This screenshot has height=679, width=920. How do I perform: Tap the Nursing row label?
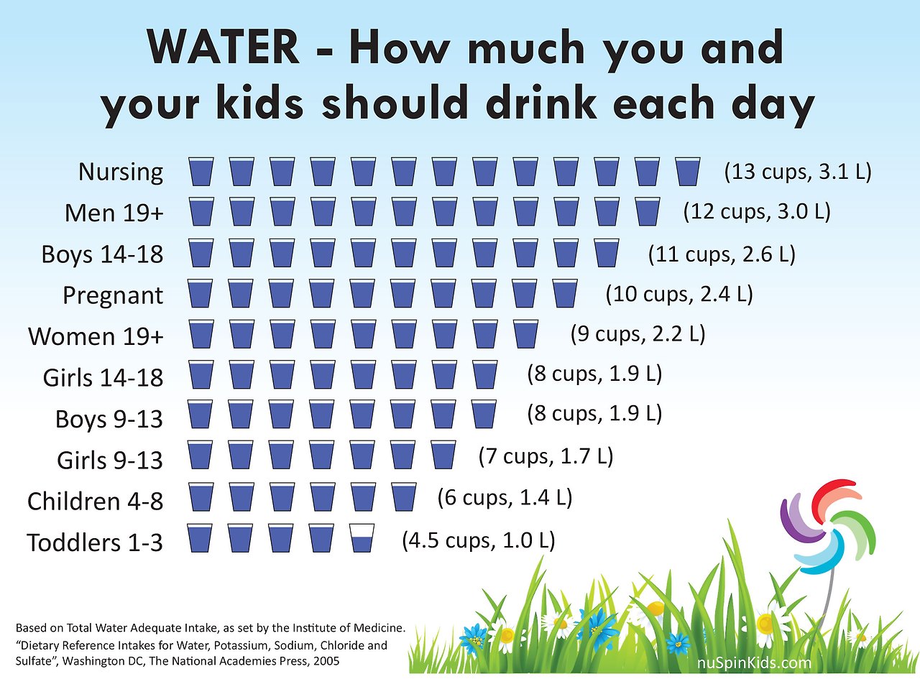click(121, 172)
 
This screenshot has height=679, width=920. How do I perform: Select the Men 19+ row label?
click(114, 213)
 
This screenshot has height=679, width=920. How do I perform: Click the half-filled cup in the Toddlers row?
click(362, 538)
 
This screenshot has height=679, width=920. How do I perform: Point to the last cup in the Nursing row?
click(689, 172)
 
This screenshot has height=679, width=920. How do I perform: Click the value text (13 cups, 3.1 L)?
click(797, 172)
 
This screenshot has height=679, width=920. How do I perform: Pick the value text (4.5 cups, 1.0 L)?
click(478, 540)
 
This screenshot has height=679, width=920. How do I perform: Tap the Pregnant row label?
click(113, 295)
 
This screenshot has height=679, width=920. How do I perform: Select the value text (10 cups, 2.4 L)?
click(679, 294)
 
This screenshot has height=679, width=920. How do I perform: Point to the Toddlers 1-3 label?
click(95, 542)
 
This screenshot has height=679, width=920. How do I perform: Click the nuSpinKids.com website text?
click(755, 663)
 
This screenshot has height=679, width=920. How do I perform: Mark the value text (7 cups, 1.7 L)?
click(546, 456)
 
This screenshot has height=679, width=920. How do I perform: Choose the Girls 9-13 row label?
click(110, 460)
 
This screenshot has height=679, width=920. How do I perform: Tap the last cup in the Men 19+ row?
click(648, 213)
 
